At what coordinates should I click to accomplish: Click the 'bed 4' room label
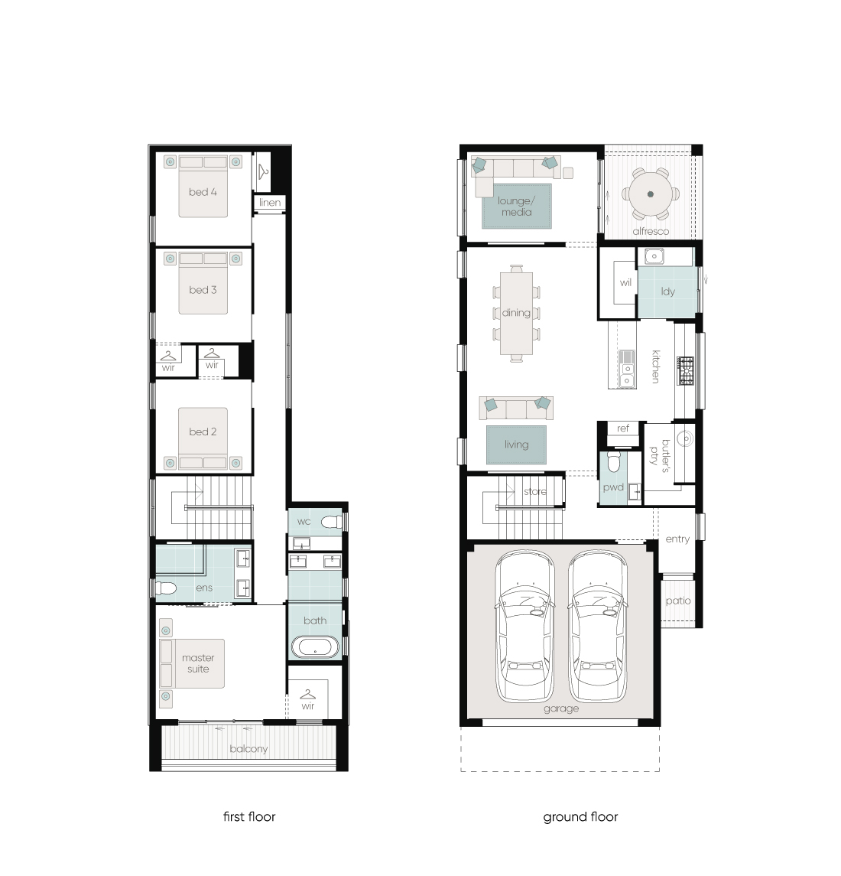(203, 192)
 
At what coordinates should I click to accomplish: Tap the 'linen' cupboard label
(270, 202)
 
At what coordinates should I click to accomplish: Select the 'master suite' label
(198, 663)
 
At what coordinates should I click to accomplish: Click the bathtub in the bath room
(315, 648)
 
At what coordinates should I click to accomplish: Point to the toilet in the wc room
(332, 522)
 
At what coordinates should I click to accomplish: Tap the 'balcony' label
(248, 749)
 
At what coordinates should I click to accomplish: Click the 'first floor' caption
(249, 817)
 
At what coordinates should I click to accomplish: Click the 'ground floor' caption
(580, 817)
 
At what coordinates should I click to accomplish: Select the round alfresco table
(651, 194)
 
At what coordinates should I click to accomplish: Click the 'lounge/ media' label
(517, 206)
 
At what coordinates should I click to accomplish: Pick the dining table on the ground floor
(516, 313)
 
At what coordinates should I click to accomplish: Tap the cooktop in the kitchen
(685, 371)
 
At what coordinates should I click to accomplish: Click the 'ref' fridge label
(623, 428)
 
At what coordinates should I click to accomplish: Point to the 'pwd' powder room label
(613, 487)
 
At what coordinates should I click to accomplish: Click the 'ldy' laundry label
(668, 291)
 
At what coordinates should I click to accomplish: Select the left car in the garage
(525, 626)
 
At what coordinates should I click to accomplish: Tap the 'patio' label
(678, 601)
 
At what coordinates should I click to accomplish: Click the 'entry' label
(677, 539)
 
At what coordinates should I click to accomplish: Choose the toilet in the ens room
(166, 588)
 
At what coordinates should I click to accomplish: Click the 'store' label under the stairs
(535, 492)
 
